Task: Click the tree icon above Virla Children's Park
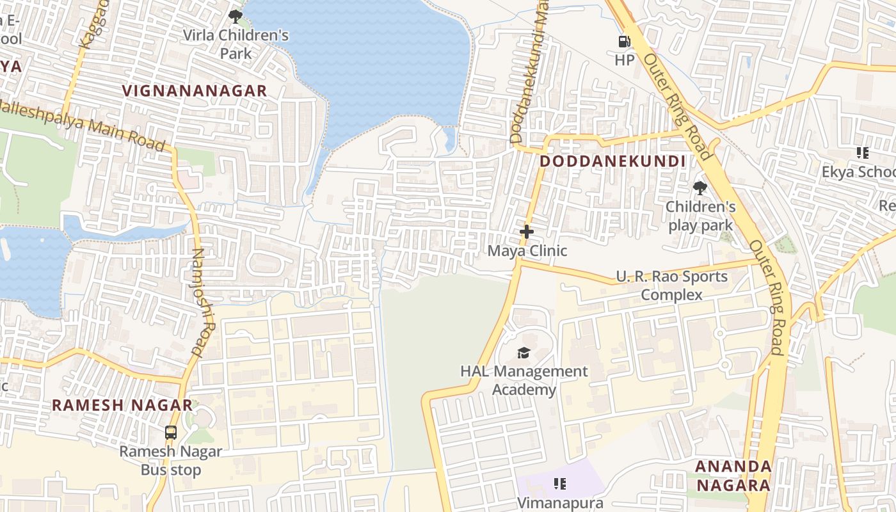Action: point(236,16)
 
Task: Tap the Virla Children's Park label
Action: point(236,44)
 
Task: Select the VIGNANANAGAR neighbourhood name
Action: point(195,91)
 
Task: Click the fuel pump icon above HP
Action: point(624,42)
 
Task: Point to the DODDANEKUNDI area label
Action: point(612,161)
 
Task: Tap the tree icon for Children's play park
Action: point(700,188)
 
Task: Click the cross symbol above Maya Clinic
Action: point(527,232)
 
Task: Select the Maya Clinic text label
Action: point(527,251)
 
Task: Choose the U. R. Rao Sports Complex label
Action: point(671,285)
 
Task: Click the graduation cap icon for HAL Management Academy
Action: point(524,353)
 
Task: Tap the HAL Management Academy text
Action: point(524,380)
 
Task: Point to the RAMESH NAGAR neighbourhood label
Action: point(122,405)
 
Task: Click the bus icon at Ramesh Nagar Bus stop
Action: point(171,433)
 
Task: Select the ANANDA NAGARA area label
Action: point(733,476)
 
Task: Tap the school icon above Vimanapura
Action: point(559,484)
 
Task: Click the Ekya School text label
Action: point(859,172)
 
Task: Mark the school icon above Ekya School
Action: point(862,153)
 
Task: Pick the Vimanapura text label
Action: point(560,503)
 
